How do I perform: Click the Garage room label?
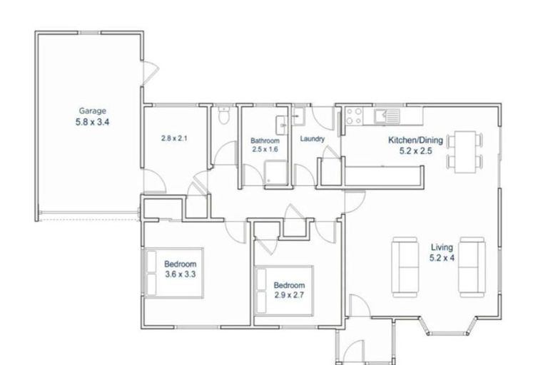click(92, 111)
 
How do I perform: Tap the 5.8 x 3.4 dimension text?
click(93, 122)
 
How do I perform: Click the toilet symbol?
click(224, 115)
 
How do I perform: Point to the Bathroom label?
click(263, 140)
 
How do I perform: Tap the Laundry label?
click(313, 139)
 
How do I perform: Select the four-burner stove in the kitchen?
click(354, 116)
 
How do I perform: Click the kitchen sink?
click(390, 114)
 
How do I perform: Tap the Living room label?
click(441, 247)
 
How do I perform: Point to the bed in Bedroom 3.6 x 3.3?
click(175, 272)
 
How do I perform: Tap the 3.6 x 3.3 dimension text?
click(180, 274)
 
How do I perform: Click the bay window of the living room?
click(447, 327)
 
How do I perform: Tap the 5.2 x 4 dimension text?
click(441, 258)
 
